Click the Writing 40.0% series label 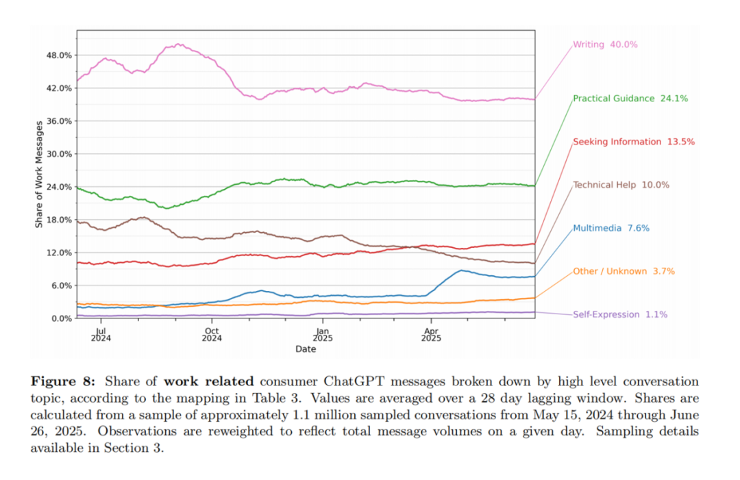605,45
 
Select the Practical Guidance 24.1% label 630,99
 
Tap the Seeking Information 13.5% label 634,142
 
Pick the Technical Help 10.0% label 621,185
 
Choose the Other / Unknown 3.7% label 619,271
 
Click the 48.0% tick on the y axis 60,55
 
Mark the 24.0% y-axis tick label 60,187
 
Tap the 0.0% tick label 62,318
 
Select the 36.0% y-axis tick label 60,121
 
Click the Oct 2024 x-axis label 212,333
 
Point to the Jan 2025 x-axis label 323,333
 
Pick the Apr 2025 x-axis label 431,333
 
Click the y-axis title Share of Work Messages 40,174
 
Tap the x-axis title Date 306,349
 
